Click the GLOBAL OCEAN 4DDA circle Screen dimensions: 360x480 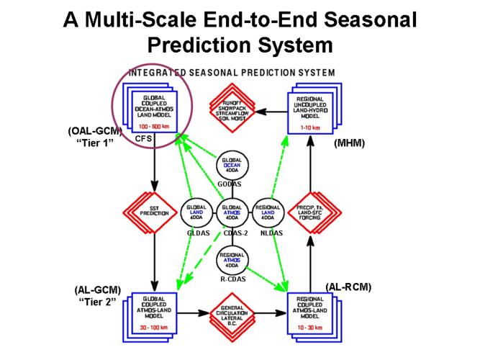click(232, 165)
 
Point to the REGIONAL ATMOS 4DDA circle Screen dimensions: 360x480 click(232, 258)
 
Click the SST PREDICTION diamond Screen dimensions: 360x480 click(153, 213)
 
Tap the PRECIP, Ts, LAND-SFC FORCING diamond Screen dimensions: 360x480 click(312, 213)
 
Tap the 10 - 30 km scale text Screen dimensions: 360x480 click(312, 328)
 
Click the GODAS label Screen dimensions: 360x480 click(230, 184)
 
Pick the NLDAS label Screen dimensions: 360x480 click(271, 233)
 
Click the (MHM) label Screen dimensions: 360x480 click(350, 143)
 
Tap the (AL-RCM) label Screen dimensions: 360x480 click(348, 287)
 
